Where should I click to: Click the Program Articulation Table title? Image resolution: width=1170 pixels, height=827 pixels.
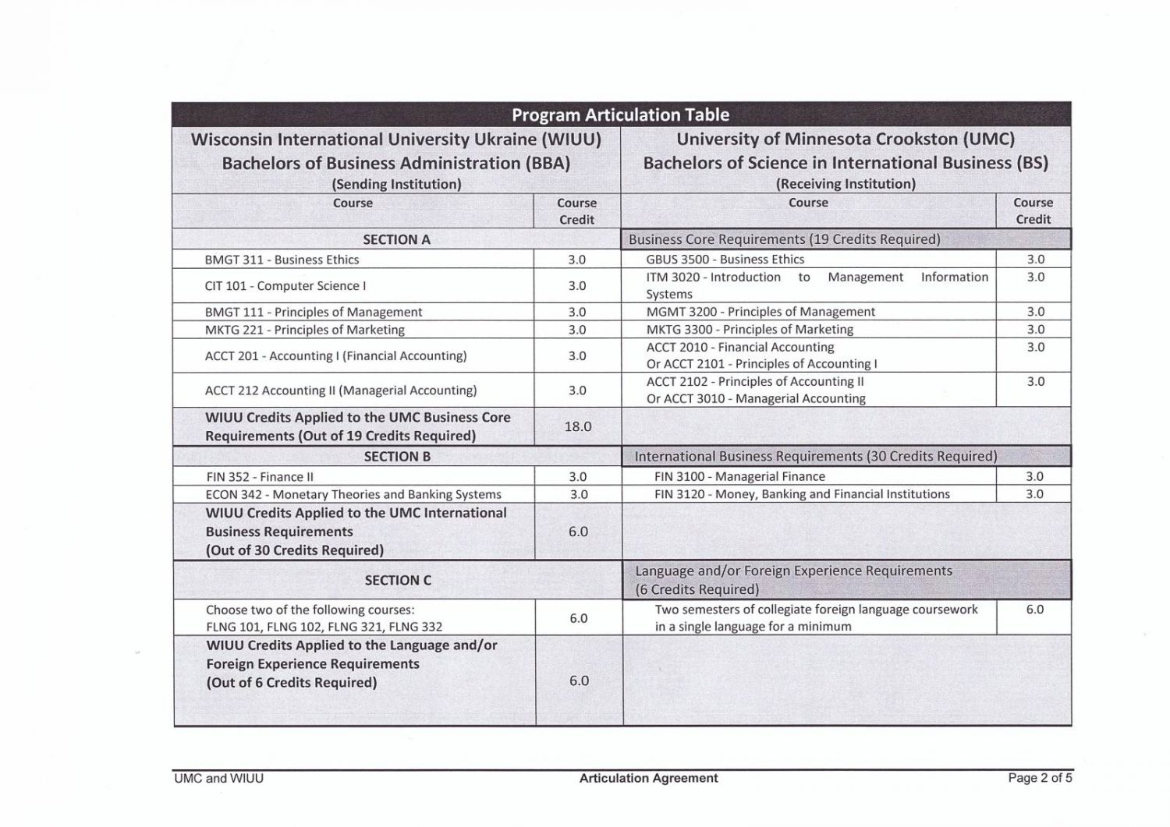[620, 115]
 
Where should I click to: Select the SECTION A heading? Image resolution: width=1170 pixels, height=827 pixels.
[396, 239]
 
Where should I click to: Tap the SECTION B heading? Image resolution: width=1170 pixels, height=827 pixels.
[397, 456]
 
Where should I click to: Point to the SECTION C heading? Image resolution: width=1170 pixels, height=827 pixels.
[398, 580]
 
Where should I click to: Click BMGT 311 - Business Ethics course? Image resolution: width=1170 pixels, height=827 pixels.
[282, 260]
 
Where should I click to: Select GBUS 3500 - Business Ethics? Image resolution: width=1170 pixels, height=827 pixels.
[725, 259]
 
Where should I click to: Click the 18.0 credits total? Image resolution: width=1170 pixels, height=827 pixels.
[577, 426]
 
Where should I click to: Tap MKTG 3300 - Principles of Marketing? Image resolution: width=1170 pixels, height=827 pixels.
[749, 329]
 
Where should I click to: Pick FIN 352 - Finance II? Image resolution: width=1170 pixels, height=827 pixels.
[260, 476]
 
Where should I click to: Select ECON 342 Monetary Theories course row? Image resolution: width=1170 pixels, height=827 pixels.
[353, 494]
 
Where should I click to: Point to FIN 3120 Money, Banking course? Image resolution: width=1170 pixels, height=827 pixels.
[802, 493]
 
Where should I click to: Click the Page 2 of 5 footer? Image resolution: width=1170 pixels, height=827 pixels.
[1040, 777]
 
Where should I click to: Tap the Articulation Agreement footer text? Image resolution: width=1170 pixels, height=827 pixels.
[648, 777]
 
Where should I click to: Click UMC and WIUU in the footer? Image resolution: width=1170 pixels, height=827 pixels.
[219, 778]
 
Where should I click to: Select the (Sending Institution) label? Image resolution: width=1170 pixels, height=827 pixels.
[396, 184]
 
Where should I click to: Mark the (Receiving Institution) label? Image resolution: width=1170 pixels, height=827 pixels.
[846, 184]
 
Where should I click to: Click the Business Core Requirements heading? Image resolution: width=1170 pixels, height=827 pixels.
[784, 239]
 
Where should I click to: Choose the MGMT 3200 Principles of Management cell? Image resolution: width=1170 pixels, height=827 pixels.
[760, 311]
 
